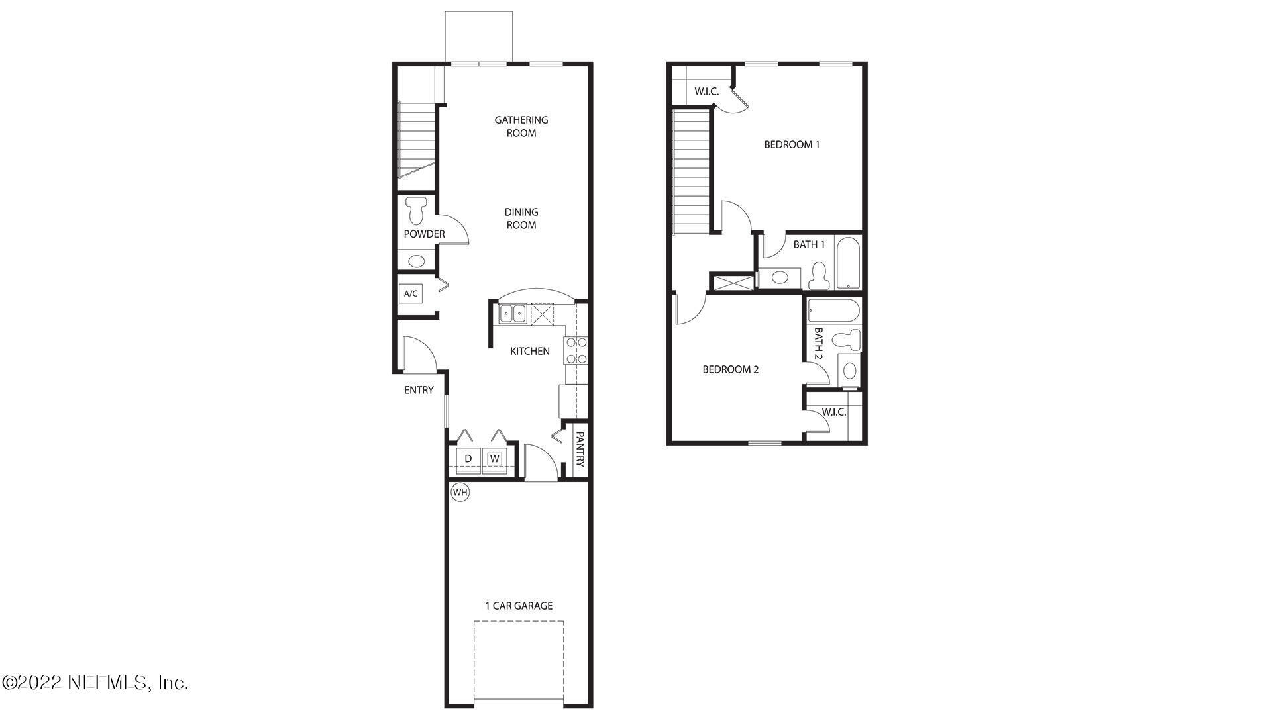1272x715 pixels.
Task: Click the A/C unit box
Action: click(411, 293)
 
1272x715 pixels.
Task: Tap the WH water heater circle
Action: click(460, 493)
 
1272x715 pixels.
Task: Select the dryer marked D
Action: click(468, 459)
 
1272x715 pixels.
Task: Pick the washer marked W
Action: click(495, 458)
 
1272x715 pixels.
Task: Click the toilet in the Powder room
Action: click(417, 210)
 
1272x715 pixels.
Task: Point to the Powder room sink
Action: click(416, 261)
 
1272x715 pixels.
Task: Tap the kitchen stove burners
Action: click(576, 351)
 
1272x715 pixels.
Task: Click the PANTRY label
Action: click(580, 450)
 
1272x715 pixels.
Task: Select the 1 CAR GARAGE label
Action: click(519, 606)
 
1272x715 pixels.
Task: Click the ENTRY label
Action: click(419, 390)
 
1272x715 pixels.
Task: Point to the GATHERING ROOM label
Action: click(521, 126)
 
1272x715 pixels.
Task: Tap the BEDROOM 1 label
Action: click(792, 144)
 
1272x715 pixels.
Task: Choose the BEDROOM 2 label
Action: click(730, 369)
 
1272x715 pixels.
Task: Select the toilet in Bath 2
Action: click(847, 340)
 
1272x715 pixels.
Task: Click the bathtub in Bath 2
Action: click(833, 310)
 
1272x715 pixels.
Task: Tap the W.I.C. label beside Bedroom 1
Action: click(706, 91)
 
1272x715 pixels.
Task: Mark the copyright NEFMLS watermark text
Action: click(95, 682)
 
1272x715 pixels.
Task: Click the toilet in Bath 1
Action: click(819, 275)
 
